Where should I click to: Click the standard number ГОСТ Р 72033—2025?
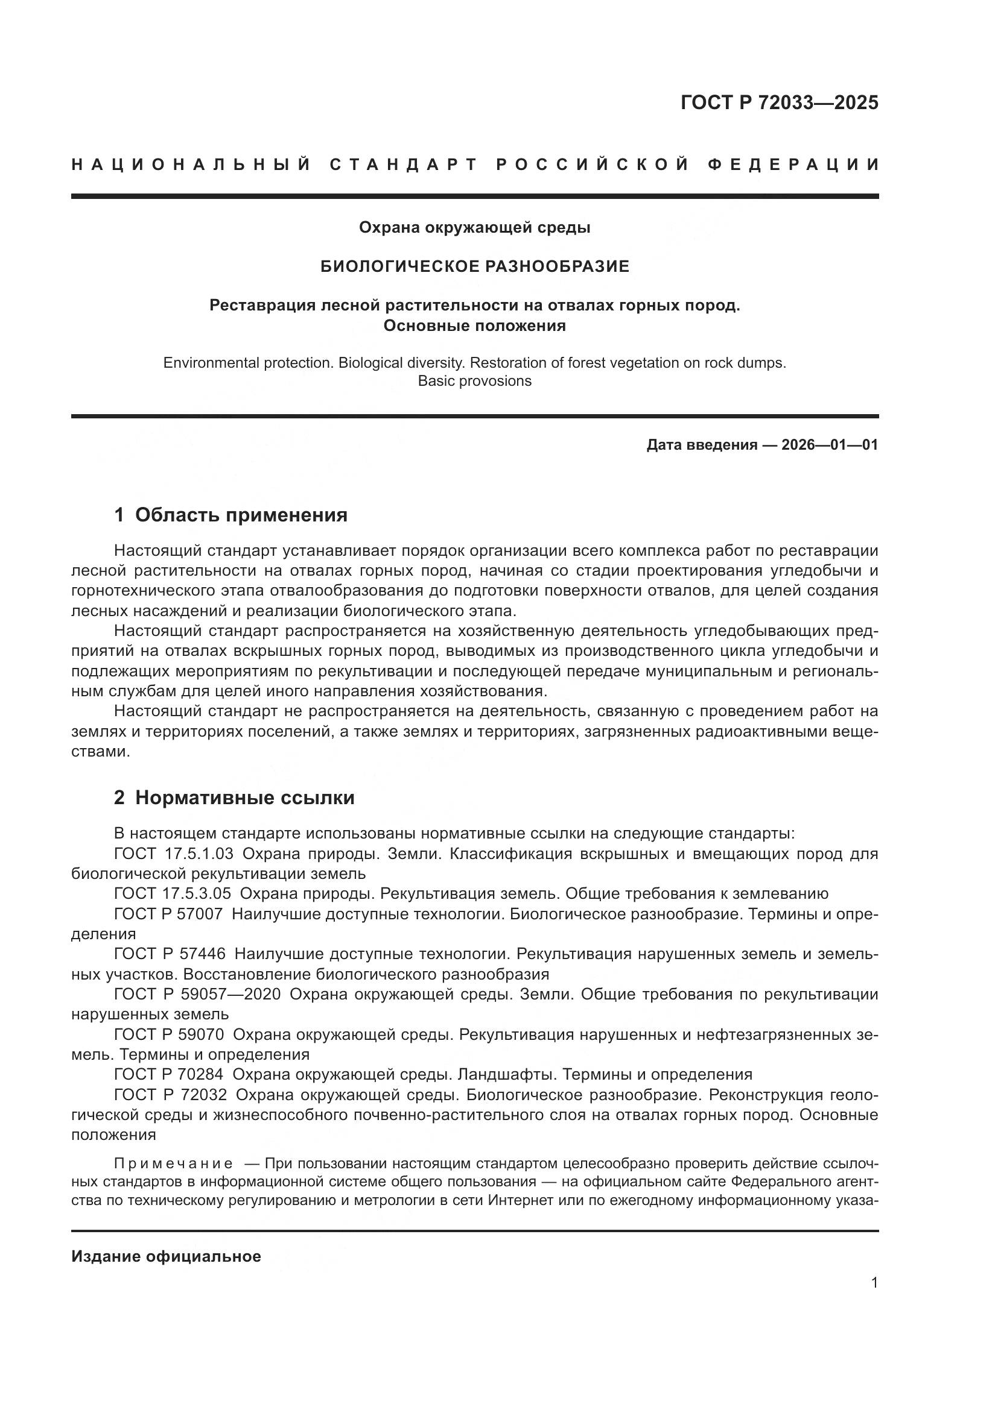[x=779, y=102]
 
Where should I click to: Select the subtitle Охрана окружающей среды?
[x=474, y=228]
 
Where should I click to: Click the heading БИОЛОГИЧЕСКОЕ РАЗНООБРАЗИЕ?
[x=474, y=266]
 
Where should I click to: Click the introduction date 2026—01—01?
[x=830, y=445]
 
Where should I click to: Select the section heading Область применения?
[x=241, y=515]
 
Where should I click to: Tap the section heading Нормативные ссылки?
[x=244, y=798]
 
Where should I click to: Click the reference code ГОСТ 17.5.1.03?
[x=174, y=854]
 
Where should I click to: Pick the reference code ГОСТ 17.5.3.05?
[x=173, y=893]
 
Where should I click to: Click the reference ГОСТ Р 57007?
[x=168, y=914]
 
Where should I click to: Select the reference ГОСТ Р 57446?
[x=170, y=954]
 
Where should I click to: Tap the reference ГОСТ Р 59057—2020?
[x=197, y=994]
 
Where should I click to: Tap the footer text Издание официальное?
[x=166, y=1256]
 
